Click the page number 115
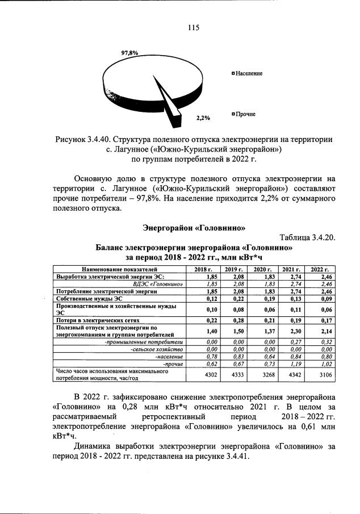tap(192, 27)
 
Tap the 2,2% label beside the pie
tap(203, 118)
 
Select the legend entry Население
tap(248, 74)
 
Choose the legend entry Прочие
tap(245, 114)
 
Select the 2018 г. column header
tap(203, 269)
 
